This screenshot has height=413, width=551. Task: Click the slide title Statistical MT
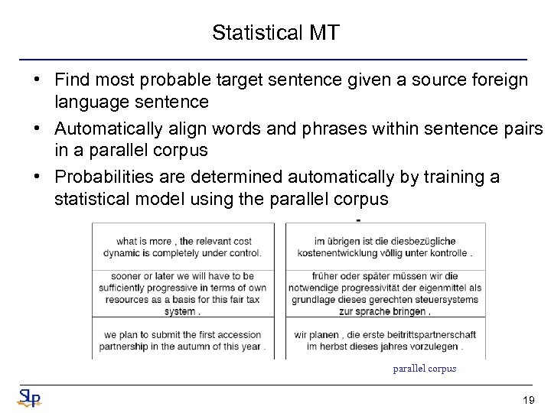(275, 33)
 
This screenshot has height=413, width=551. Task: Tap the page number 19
(527, 400)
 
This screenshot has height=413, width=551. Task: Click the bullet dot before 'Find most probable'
(37, 80)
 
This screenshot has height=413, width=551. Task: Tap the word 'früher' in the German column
(326, 276)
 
